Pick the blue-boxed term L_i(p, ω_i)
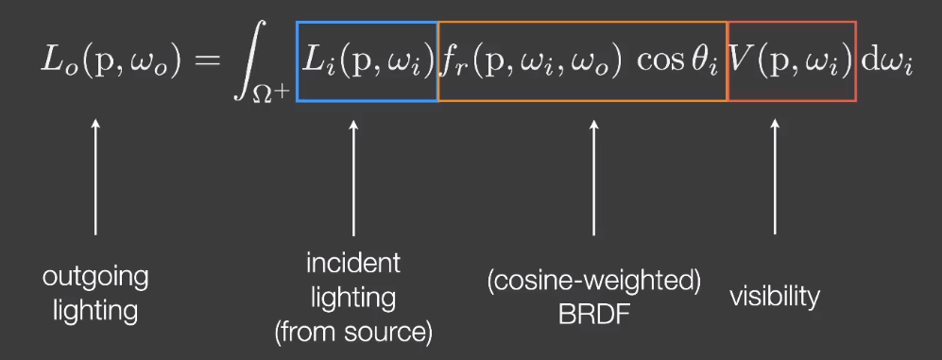pyautogui.click(x=367, y=62)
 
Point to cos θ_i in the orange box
pyautogui.click(x=677, y=62)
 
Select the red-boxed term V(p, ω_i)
pyautogui.click(x=792, y=62)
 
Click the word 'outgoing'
pyautogui.click(x=95, y=277)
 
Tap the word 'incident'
pyautogui.click(x=352, y=262)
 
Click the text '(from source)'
pyautogui.click(x=352, y=332)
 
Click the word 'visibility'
pyautogui.click(x=775, y=297)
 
